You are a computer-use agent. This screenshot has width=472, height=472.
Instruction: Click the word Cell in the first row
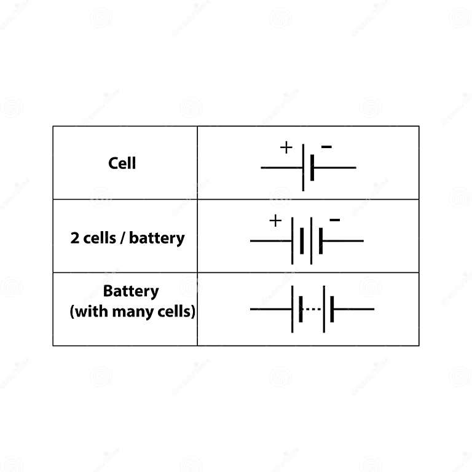(x=122, y=163)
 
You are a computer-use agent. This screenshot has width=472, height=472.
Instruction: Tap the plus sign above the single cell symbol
(x=286, y=147)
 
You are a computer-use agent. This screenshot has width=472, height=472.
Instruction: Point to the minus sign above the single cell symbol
(x=327, y=147)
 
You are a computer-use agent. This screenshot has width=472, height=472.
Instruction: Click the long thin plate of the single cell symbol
(x=303, y=167)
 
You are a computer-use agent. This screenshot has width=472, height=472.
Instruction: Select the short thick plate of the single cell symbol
(x=312, y=167)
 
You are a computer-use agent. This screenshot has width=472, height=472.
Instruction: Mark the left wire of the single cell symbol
(x=281, y=167)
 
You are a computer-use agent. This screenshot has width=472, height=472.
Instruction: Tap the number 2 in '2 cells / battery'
(x=75, y=238)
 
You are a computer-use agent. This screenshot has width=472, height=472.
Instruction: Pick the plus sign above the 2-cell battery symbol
(x=275, y=221)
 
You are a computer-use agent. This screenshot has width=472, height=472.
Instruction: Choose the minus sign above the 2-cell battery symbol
(x=335, y=219)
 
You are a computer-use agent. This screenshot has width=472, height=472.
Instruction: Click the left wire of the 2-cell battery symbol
(x=270, y=240)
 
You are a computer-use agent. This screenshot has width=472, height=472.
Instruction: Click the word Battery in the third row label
(x=131, y=291)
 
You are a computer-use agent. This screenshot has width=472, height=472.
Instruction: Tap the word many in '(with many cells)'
(x=142, y=312)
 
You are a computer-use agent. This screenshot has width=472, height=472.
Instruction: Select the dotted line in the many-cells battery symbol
(x=313, y=309)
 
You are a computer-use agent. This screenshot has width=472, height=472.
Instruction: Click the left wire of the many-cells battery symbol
(x=270, y=309)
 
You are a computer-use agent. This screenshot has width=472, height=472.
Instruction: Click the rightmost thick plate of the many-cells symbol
(x=332, y=309)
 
